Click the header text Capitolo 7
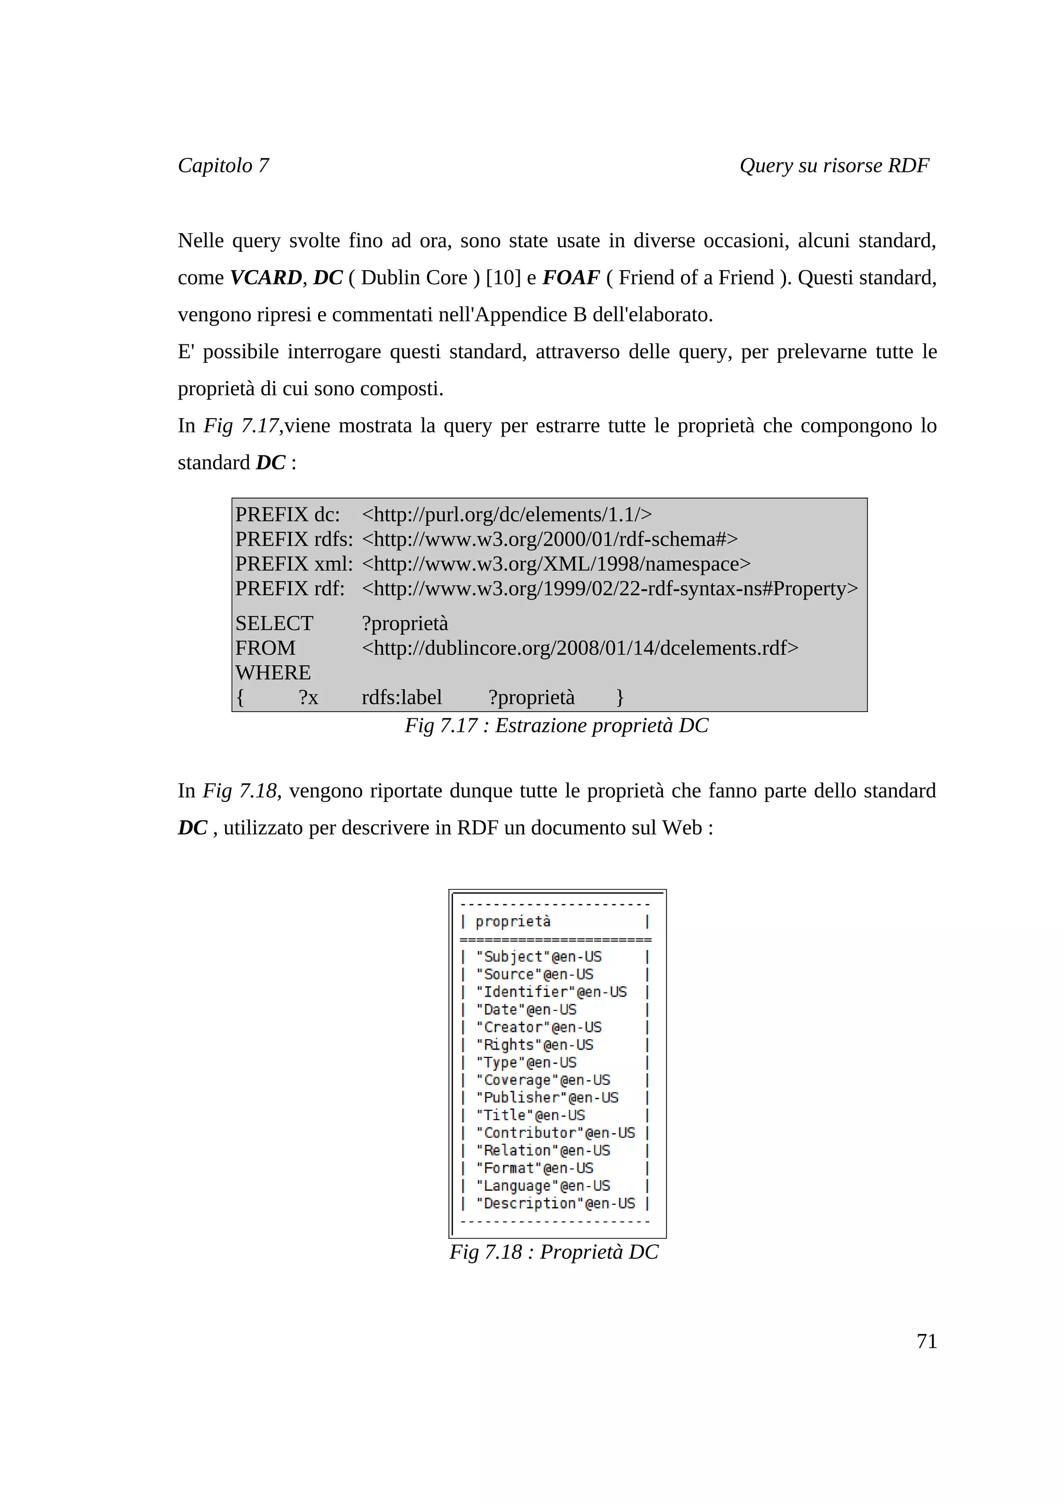(x=223, y=165)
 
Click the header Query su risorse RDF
(x=834, y=165)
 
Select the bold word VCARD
(x=265, y=277)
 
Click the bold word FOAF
(x=570, y=277)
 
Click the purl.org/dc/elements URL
(x=506, y=515)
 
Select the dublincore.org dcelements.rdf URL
(x=579, y=648)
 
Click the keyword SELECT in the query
(x=274, y=623)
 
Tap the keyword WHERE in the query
(x=273, y=673)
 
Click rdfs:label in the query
(x=401, y=697)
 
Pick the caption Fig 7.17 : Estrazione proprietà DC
(x=556, y=725)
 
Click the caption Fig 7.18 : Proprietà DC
(x=553, y=1252)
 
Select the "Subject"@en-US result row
(x=538, y=957)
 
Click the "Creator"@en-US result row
(x=538, y=1027)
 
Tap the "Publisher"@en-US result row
(x=546, y=1097)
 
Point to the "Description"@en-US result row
(x=555, y=1203)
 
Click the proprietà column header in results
(x=513, y=922)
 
